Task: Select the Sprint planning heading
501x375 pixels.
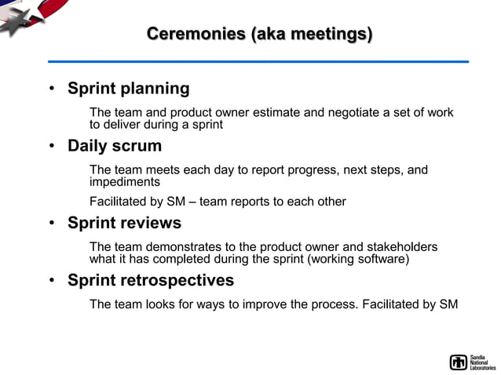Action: [x=128, y=89]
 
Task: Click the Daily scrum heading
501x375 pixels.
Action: [x=115, y=146]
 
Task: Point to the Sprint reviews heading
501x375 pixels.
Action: [x=124, y=223]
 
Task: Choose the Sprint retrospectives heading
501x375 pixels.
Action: [x=151, y=280]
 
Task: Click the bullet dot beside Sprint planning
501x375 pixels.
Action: [x=51, y=89]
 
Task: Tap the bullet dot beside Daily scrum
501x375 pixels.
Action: [x=51, y=147]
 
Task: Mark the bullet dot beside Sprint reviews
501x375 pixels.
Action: [x=51, y=224]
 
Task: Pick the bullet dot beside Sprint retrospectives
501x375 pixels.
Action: [x=51, y=281]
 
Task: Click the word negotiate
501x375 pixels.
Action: [x=353, y=113]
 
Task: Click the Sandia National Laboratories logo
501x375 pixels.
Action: [x=473, y=362]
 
